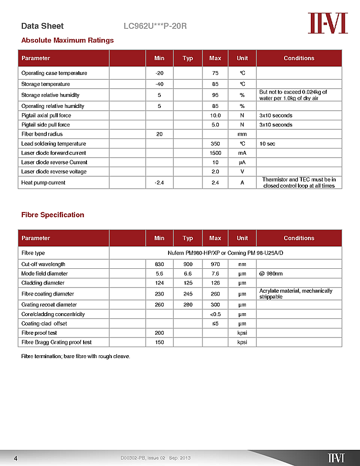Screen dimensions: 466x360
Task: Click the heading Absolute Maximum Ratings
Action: (67, 40)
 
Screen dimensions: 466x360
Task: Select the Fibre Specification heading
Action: (53, 215)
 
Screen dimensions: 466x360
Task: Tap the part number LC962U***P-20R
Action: (155, 26)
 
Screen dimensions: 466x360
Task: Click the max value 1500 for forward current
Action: (215, 153)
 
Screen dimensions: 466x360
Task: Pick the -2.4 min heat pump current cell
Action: (159, 182)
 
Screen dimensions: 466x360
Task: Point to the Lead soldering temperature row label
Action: (53, 144)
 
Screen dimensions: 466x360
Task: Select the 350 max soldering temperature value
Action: (215, 144)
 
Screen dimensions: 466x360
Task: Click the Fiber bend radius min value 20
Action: (159, 134)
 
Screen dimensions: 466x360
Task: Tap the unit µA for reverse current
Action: (242, 162)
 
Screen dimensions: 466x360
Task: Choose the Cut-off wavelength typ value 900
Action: (188, 264)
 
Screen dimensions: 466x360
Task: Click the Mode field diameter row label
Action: (44, 274)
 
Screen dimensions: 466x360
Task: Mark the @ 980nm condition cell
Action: (271, 274)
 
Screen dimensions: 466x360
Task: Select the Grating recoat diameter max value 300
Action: (215, 305)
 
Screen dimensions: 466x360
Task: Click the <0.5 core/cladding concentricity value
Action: (215, 314)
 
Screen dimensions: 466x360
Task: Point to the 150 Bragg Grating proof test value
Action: (159, 342)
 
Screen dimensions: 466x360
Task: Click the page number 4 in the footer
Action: (16, 458)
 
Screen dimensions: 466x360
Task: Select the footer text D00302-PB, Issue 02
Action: (143, 458)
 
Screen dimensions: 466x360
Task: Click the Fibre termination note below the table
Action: (75, 356)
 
